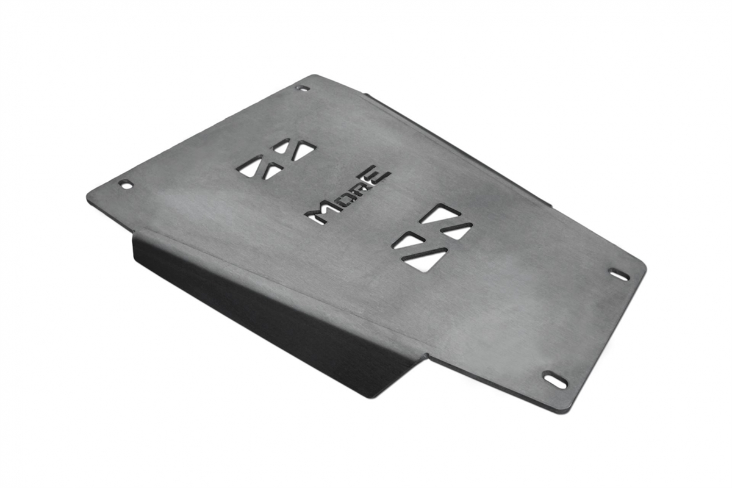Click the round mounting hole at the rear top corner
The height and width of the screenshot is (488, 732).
(x=302, y=88)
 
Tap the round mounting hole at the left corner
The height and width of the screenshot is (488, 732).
(x=126, y=184)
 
